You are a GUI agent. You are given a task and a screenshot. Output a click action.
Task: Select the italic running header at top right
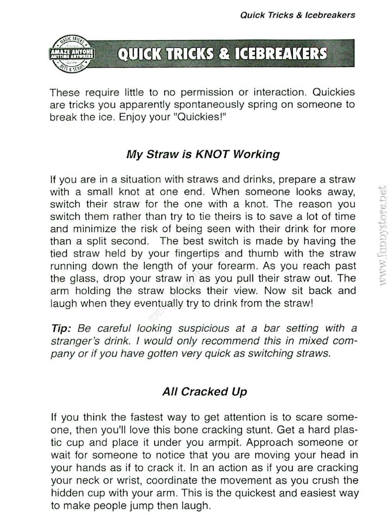[297, 15]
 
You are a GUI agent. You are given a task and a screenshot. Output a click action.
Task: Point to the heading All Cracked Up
[205, 391]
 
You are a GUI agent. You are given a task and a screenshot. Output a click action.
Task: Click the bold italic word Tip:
[61, 328]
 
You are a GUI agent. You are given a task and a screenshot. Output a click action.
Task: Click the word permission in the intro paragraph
[207, 92]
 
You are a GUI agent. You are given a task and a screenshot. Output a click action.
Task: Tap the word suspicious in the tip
[204, 328]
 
